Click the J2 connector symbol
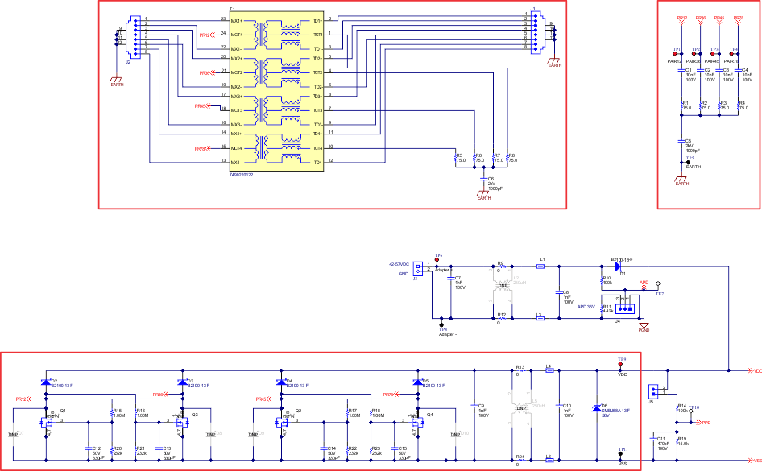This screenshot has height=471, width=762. pyautogui.click(x=135, y=36)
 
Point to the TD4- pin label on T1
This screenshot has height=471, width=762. pyautogui.click(x=317, y=163)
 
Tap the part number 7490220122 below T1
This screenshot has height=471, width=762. pyautogui.click(x=242, y=175)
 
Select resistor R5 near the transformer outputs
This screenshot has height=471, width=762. pyautogui.click(x=456, y=158)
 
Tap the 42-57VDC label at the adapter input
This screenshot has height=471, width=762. pyautogui.click(x=400, y=264)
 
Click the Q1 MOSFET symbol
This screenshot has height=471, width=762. pyautogui.click(x=52, y=420)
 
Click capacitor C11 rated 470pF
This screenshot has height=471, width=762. pyautogui.click(x=654, y=441)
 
